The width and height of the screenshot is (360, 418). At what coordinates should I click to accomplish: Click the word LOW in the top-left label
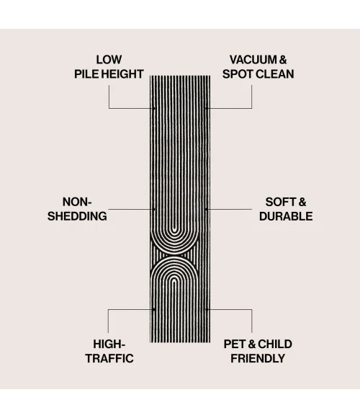point(109,60)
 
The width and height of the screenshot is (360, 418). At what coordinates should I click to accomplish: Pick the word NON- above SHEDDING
point(77,202)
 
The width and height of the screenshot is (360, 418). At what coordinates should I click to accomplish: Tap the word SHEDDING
point(77,216)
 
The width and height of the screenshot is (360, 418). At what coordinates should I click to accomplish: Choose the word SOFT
point(280,202)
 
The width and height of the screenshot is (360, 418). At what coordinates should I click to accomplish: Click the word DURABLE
point(286,216)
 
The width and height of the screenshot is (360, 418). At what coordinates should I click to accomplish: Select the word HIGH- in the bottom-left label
point(109,344)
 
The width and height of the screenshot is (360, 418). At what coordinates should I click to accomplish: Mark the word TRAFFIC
point(109,358)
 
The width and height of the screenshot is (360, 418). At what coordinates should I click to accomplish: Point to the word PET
point(235,344)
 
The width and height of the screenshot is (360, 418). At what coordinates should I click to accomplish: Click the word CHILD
point(275,344)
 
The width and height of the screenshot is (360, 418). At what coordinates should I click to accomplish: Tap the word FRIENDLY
point(258,358)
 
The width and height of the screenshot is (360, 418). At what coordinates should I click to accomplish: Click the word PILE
point(86,74)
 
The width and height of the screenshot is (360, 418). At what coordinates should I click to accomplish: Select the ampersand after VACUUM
point(283,60)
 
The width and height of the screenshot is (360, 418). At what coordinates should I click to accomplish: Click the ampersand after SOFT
point(302,202)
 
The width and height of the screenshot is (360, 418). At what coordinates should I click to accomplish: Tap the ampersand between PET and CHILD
point(251,344)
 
